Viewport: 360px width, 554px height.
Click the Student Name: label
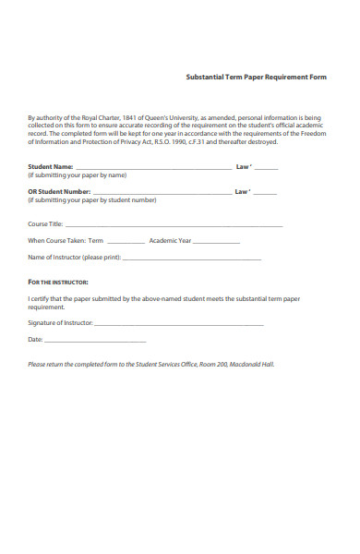click(51, 166)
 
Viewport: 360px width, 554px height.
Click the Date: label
click(36, 340)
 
